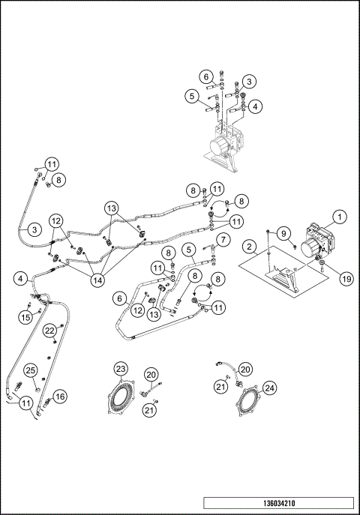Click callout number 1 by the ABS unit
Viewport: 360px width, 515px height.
pyautogui.click(x=340, y=217)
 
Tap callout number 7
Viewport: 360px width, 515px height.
pyautogui.click(x=221, y=240)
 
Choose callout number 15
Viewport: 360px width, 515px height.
pyautogui.click(x=25, y=318)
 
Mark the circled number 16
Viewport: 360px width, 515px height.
pyautogui.click(x=60, y=395)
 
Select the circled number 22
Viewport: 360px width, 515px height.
pyautogui.click(x=49, y=330)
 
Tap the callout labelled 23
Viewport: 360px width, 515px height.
pyautogui.click(x=121, y=368)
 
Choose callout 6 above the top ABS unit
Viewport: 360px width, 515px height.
pyautogui.click(x=205, y=76)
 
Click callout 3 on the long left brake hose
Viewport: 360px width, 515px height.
pyautogui.click(x=34, y=229)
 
